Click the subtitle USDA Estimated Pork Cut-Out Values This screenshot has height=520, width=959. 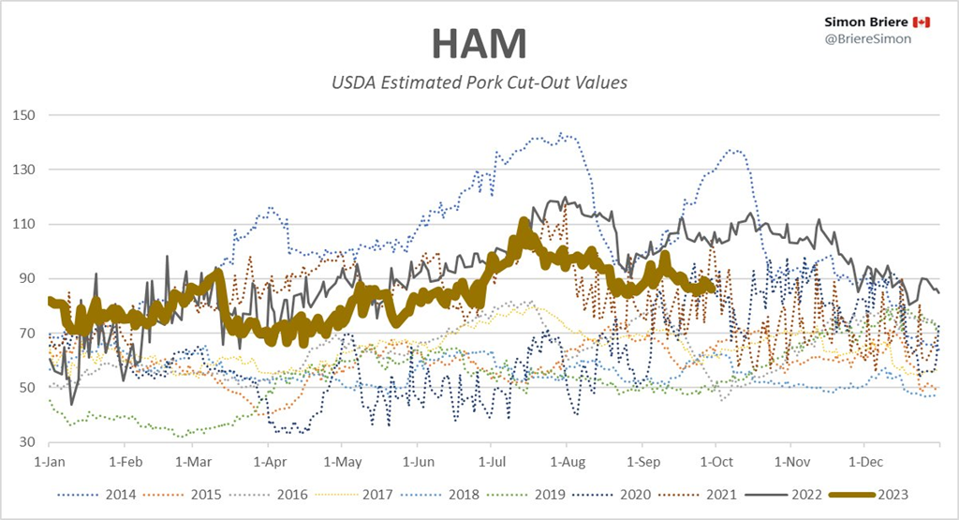479,82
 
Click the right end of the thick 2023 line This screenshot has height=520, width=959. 714,288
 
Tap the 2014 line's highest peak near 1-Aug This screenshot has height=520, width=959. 560,134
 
